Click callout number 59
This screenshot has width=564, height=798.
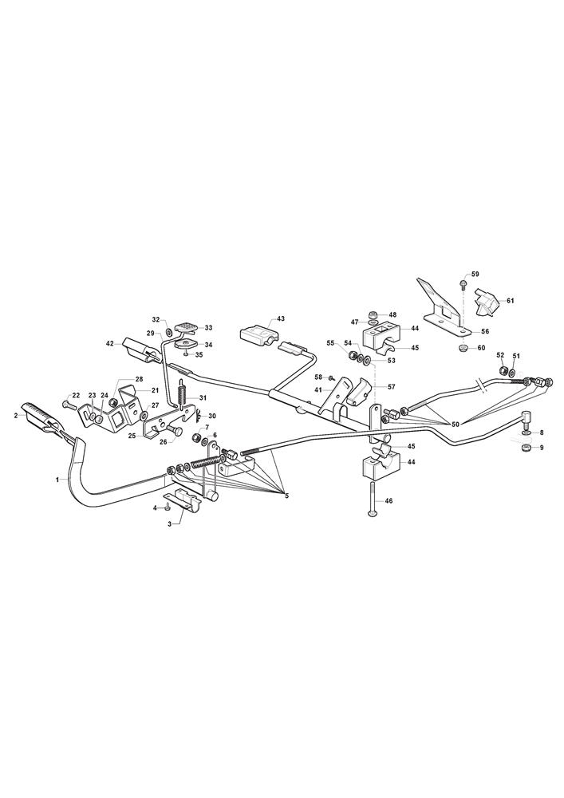click(475, 275)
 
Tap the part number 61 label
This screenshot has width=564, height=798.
click(510, 301)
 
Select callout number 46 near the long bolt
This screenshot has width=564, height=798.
click(404, 501)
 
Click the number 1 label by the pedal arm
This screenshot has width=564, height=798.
click(58, 479)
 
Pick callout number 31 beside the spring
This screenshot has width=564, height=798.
click(203, 397)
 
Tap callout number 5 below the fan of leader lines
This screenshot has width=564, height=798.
click(286, 496)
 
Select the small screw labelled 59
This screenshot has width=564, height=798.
click(463, 282)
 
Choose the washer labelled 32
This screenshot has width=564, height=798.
click(169, 323)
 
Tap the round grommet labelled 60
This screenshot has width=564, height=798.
click(463, 349)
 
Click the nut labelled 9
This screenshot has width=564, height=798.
click(527, 448)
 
